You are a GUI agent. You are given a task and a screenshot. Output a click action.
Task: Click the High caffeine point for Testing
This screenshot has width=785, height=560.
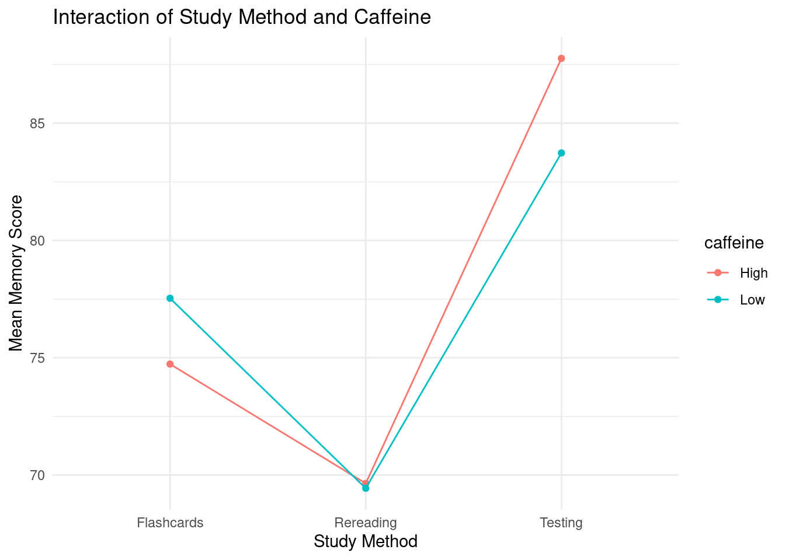561,58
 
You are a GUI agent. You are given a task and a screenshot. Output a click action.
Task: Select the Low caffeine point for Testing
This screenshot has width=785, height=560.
561,153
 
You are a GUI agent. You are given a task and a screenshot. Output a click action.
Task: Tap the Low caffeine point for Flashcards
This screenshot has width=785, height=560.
170,298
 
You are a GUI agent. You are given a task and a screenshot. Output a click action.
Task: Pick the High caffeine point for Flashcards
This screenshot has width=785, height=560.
170,364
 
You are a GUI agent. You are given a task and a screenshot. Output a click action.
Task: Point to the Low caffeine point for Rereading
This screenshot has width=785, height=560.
366,488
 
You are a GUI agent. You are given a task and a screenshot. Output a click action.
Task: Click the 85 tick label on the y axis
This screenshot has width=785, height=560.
38,124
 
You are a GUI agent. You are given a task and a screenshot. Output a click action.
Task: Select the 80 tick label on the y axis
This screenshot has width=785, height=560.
38,241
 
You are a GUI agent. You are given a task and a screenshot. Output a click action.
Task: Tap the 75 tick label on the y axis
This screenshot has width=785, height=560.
38,358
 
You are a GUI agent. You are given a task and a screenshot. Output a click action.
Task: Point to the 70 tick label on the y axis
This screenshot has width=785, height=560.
38,475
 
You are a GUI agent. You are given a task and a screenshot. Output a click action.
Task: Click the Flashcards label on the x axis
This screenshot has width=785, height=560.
170,523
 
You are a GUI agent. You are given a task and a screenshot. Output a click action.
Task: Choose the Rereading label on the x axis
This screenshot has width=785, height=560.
366,523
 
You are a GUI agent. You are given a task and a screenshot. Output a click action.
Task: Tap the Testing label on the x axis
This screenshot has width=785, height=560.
561,523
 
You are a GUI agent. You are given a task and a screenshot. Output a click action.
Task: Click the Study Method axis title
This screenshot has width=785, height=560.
366,542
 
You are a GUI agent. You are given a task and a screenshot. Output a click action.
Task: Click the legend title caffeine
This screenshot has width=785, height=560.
734,243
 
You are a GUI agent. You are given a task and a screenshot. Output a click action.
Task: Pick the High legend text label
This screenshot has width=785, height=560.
753,273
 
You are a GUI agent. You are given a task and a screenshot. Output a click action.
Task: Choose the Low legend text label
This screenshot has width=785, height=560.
752,300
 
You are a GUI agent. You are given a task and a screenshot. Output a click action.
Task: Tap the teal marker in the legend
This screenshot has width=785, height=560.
718,300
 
